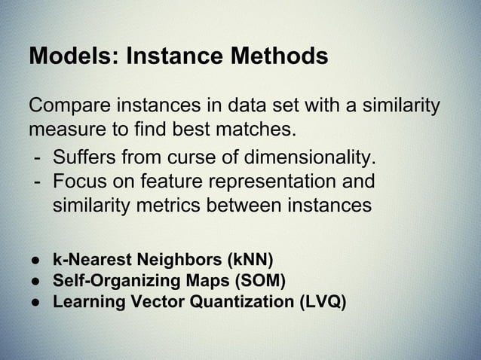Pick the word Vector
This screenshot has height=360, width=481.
pos(156,304)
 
